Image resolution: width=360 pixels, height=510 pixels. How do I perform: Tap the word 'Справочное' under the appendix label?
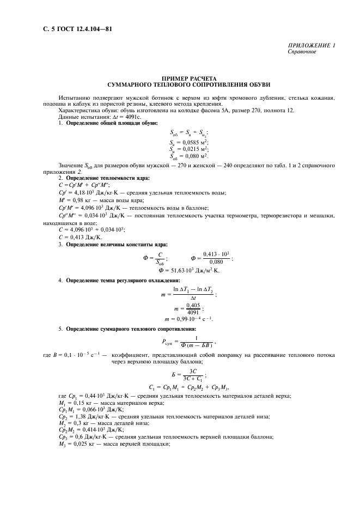[x=302, y=52]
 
